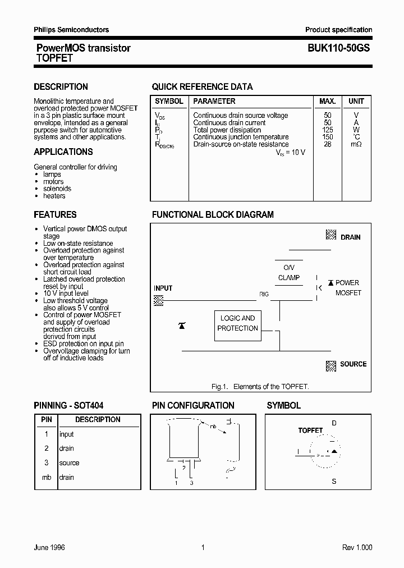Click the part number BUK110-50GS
(338, 49)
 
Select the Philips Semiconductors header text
(71, 30)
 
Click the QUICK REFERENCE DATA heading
(202, 87)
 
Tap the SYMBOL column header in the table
(169, 102)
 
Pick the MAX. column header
(327, 102)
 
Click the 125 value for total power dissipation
(328, 130)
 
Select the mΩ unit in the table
(356, 144)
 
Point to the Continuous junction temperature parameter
(241, 137)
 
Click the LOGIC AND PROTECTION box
(237, 323)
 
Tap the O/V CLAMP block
(289, 273)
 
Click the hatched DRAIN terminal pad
(331, 236)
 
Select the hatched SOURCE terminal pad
(331, 366)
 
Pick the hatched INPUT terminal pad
(159, 300)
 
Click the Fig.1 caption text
(260, 387)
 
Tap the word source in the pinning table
(70, 463)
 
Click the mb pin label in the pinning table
(47, 478)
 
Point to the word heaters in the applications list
(54, 196)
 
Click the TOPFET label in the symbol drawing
(310, 430)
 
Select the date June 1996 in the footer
(49, 547)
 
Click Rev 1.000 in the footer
(357, 547)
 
